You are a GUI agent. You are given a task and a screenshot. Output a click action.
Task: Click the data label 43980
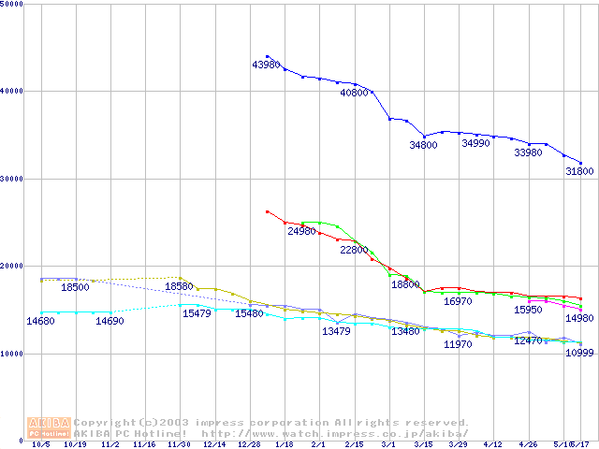(x=266, y=65)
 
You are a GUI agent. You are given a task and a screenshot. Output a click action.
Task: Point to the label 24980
(x=301, y=231)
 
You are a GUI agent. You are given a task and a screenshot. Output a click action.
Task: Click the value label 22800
(x=354, y=251)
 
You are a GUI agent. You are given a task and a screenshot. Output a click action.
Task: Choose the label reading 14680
(x=40, y=321)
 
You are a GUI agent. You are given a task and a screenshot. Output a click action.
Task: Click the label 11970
(x=458, y=345)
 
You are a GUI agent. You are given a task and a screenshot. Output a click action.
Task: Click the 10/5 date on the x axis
(x=40, y=445)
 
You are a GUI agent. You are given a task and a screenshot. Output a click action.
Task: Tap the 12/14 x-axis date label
(x=214, y=445)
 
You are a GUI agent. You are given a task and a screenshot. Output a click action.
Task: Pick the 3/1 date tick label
(x=388, y=445)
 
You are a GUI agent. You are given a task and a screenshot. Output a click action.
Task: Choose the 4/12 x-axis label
(x=493, y=445)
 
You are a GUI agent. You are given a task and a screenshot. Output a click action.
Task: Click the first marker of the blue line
(x=268, y=56)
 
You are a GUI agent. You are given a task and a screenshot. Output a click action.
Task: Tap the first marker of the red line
(x=268, y=211)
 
